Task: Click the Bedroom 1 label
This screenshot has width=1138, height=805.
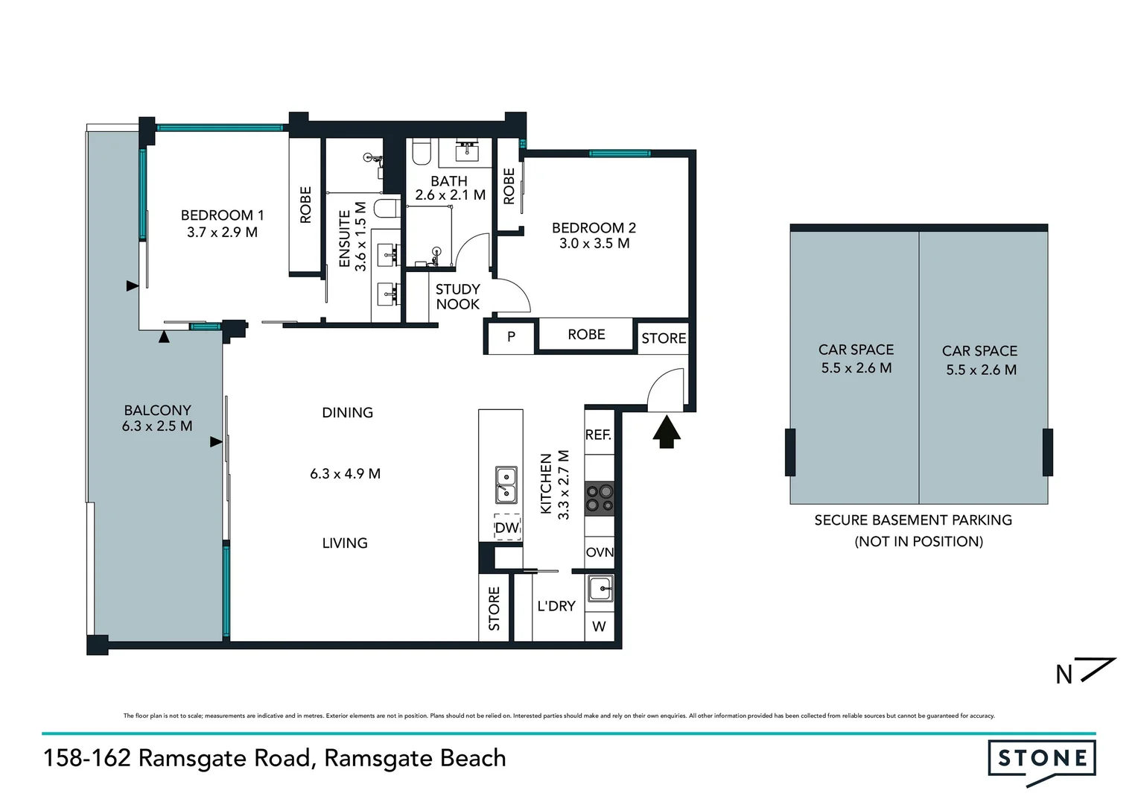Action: point(222,215)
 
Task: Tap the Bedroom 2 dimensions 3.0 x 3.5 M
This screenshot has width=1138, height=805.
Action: point(594,244)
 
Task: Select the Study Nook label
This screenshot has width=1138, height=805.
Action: point(457,297)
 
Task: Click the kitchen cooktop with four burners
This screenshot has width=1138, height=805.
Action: point(600,499)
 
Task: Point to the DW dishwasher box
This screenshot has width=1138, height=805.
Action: point(507,528)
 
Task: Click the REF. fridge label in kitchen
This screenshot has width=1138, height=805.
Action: point(598,435)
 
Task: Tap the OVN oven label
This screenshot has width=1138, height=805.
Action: point(600,552)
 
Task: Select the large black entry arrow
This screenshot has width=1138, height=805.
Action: point(667,432)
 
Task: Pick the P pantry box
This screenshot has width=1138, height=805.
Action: point(511,336)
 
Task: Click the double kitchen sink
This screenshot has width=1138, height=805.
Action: point(506,484)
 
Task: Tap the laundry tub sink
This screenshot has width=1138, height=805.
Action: point(600,589)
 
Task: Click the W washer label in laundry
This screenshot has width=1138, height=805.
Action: point(599,627)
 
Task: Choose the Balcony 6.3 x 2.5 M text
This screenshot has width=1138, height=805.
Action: point(157,418)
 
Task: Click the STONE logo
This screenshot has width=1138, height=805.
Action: point(1042,760)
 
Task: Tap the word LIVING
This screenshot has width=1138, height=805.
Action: point(345,543)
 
